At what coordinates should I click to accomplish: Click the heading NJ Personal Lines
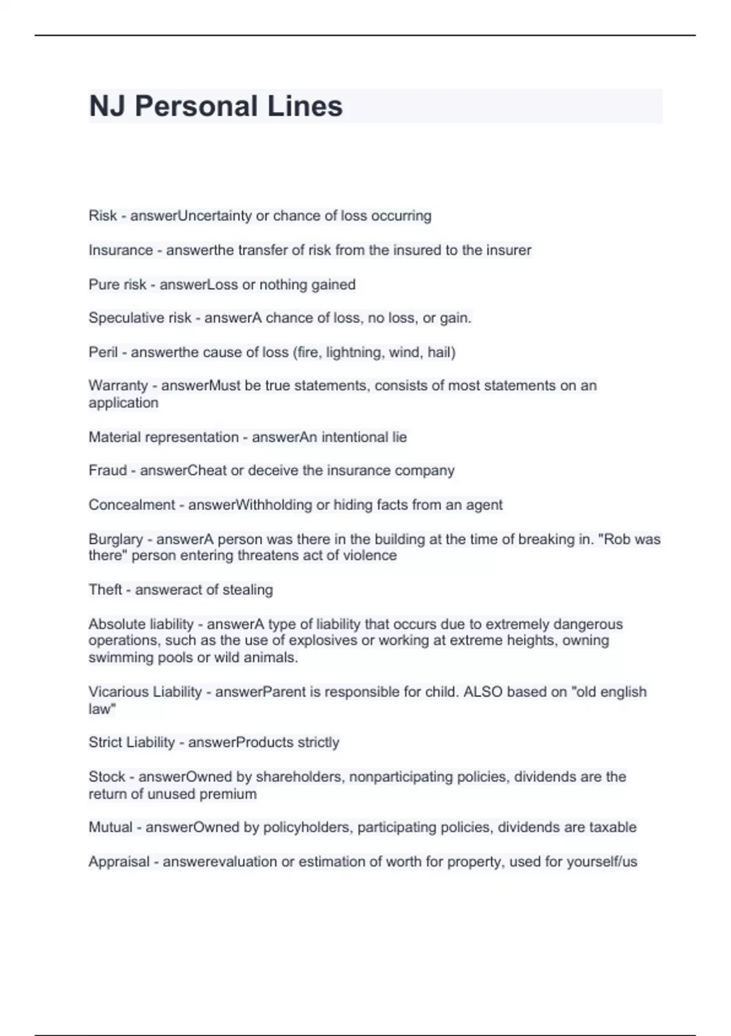pos(216,106)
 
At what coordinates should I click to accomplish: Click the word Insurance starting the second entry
pos(121,250)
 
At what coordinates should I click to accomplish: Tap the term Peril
pos(103,352)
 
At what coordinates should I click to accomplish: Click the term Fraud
pos(108,470)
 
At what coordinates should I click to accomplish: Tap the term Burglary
pos(116,539)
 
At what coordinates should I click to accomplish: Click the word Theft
pos(105,589)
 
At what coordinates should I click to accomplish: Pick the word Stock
pos(107,777)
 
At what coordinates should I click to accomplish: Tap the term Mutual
pos(110,827)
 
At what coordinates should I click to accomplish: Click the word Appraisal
pos(119,862)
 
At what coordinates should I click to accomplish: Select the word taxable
pos(612,827)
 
